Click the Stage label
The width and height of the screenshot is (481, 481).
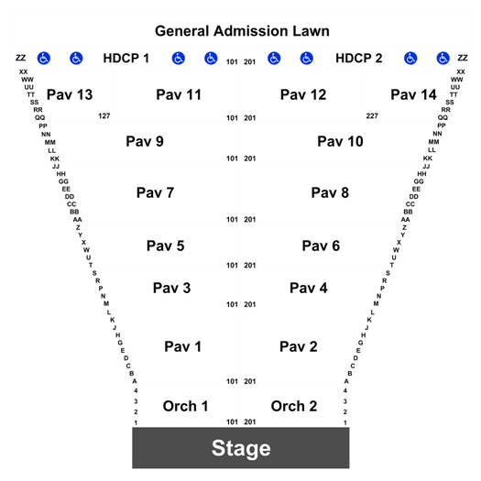(241, 449)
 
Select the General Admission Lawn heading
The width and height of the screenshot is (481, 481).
(242, 31)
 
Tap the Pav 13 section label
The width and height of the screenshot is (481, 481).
(70, 94)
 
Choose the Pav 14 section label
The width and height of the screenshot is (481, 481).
(413, 94)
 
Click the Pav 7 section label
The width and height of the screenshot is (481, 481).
(155, 192)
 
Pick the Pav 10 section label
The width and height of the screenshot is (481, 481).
(340, 141)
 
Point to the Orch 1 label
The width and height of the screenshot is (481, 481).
(185, 406)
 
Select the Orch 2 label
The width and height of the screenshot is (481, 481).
(294, 406)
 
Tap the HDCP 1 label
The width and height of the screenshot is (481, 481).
(126, 59)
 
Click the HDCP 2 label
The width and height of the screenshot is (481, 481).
(358, 59)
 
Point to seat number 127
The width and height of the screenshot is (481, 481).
(104, 116)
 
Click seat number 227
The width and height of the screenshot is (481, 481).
(372, 116)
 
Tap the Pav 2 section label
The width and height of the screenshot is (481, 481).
(298, 346)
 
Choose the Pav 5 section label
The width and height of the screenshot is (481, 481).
(165, 246)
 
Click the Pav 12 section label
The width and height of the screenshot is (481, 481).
(303, 94)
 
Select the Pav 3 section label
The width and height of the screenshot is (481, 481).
(172, 288)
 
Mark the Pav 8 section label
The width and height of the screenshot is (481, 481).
(330, 192)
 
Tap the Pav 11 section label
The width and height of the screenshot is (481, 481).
(179, 94)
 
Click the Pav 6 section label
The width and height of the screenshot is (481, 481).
(321, 246)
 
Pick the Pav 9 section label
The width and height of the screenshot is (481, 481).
(145, 141)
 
